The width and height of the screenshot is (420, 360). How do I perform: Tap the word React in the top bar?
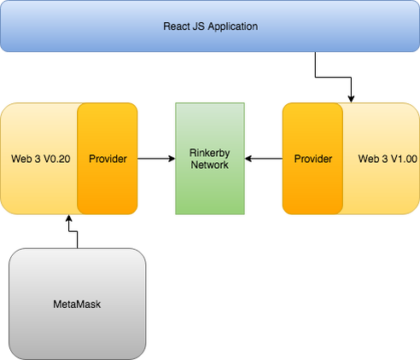coord(178,26)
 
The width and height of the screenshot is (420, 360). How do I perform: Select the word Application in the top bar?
coord(234,26)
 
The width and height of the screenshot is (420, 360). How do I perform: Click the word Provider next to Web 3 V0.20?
coord(108,159)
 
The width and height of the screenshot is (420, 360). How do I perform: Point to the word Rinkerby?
coord(209,153)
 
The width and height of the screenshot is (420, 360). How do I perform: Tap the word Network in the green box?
coord(209,165)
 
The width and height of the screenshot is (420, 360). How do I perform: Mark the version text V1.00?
coord(400,159)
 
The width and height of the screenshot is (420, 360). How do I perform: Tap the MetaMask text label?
coord(78,303)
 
